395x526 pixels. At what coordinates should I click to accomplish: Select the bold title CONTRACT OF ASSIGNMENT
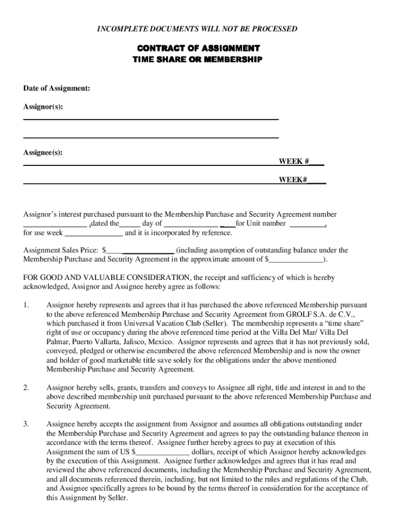pos(197,48)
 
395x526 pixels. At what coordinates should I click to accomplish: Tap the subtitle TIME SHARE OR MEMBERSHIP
pos(197,60)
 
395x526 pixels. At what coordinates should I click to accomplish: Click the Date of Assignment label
pos(56,88)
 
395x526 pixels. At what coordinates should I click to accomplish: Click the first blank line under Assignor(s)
pos(151,119)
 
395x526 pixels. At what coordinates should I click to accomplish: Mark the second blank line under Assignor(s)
pos(151,137)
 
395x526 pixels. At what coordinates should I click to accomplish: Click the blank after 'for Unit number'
pos(307,224)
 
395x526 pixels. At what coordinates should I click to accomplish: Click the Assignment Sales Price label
pos(61,250)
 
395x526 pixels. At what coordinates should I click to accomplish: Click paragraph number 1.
pos(26,305)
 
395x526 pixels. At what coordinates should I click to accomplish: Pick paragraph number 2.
pos(26,388)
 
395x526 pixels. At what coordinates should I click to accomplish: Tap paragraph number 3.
pos(26,424)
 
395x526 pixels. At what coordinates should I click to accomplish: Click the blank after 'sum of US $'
pos(163,452)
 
